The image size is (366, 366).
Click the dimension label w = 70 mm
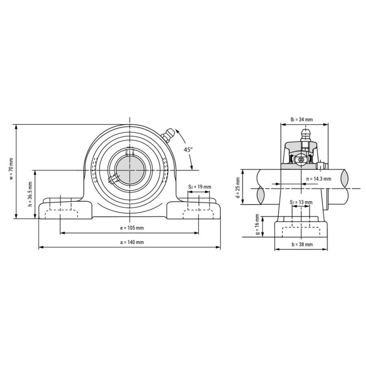(11, 169)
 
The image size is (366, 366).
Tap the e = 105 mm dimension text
(132, 228)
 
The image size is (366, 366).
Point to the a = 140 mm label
(132, 242)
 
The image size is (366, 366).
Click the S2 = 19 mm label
(199, 187)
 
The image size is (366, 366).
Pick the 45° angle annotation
(188, 150)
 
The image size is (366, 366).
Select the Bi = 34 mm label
(301, 119)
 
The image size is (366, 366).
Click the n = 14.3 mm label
(318, 179)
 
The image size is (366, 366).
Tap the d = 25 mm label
(237, 188)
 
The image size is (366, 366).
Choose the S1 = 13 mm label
(301, 202)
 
